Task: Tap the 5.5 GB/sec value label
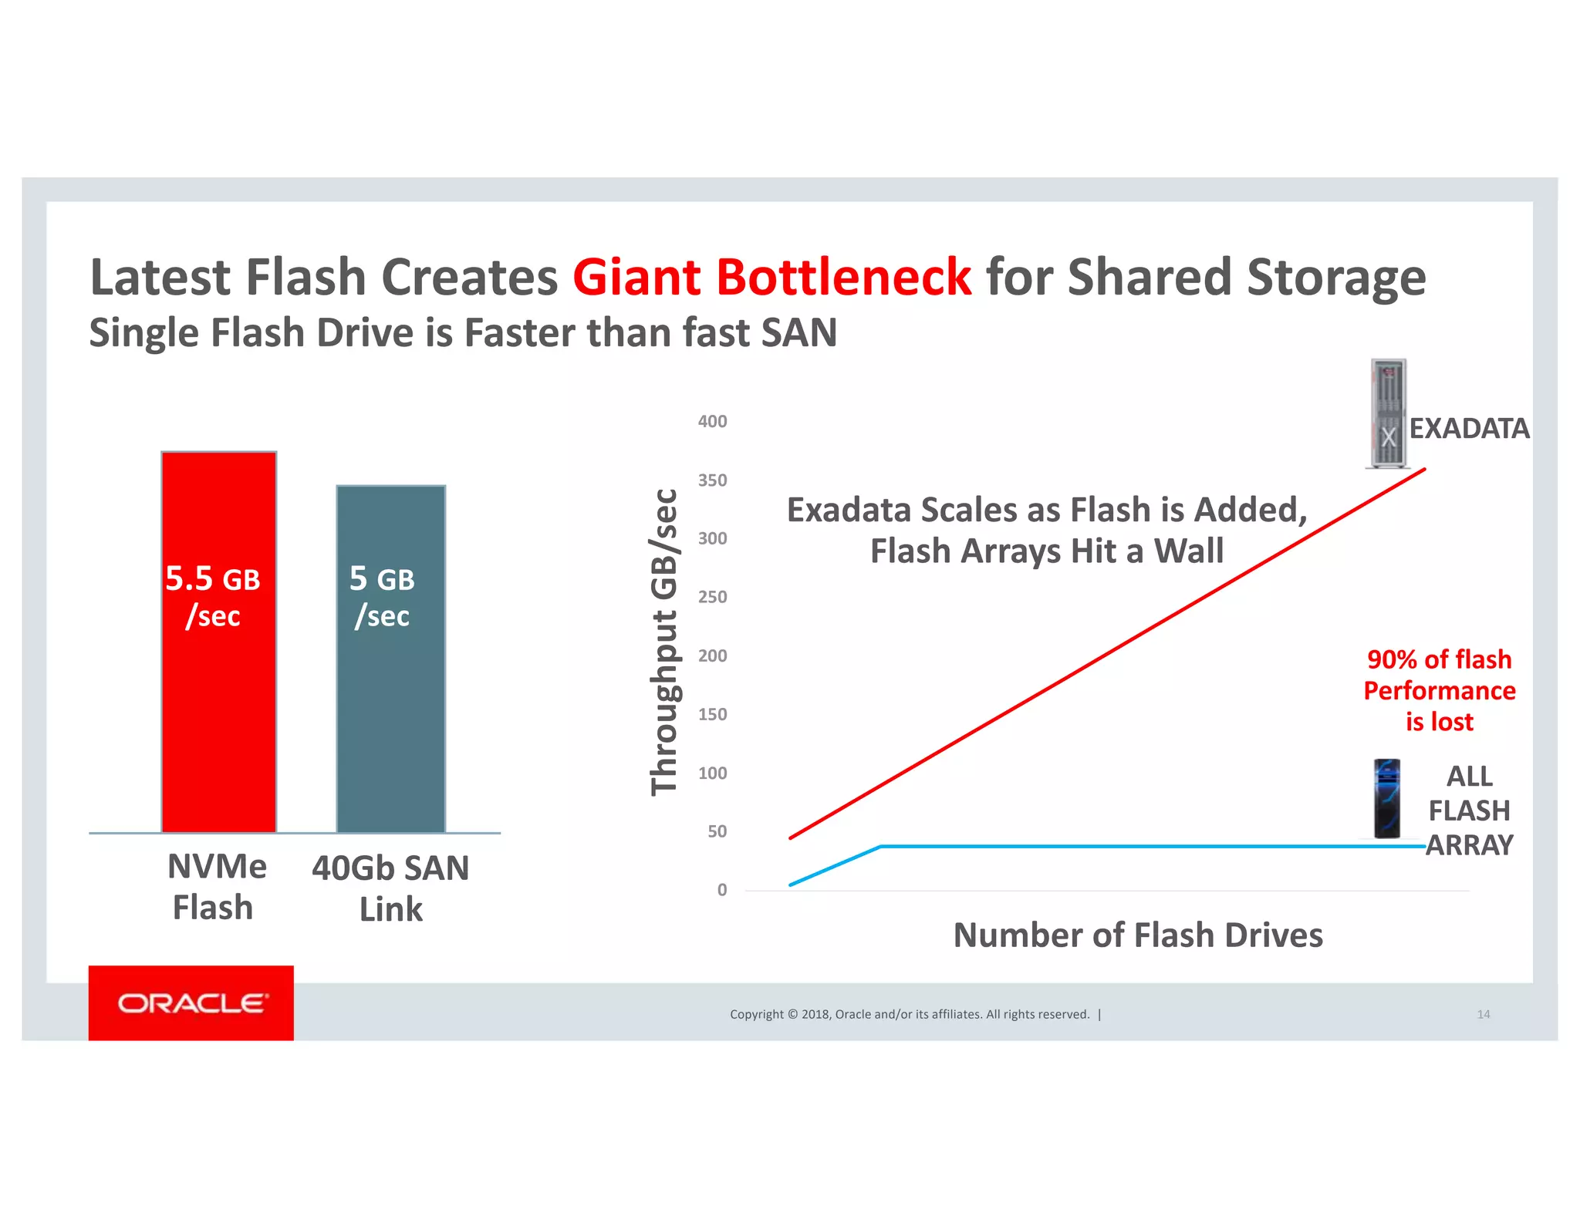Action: (213, 596)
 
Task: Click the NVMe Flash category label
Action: (215, 887)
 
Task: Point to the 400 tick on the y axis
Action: (712, 421)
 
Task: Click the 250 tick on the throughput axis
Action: (712, 597)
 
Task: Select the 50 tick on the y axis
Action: (717, 831)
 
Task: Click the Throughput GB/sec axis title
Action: (663, 642)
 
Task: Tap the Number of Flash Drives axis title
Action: (1138, 935)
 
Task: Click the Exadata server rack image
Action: (1387, 413)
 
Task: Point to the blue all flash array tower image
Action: (1386, 799)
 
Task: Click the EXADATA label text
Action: (1469, 428)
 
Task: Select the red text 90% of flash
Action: (1439, 659)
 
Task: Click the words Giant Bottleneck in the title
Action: (771, 277)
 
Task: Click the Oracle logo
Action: (191, 1003)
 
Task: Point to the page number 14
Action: (1483, 1014)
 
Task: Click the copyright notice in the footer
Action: (910, 1014)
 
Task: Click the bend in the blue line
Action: (880, 847)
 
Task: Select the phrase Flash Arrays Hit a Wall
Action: (1047, 551)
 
